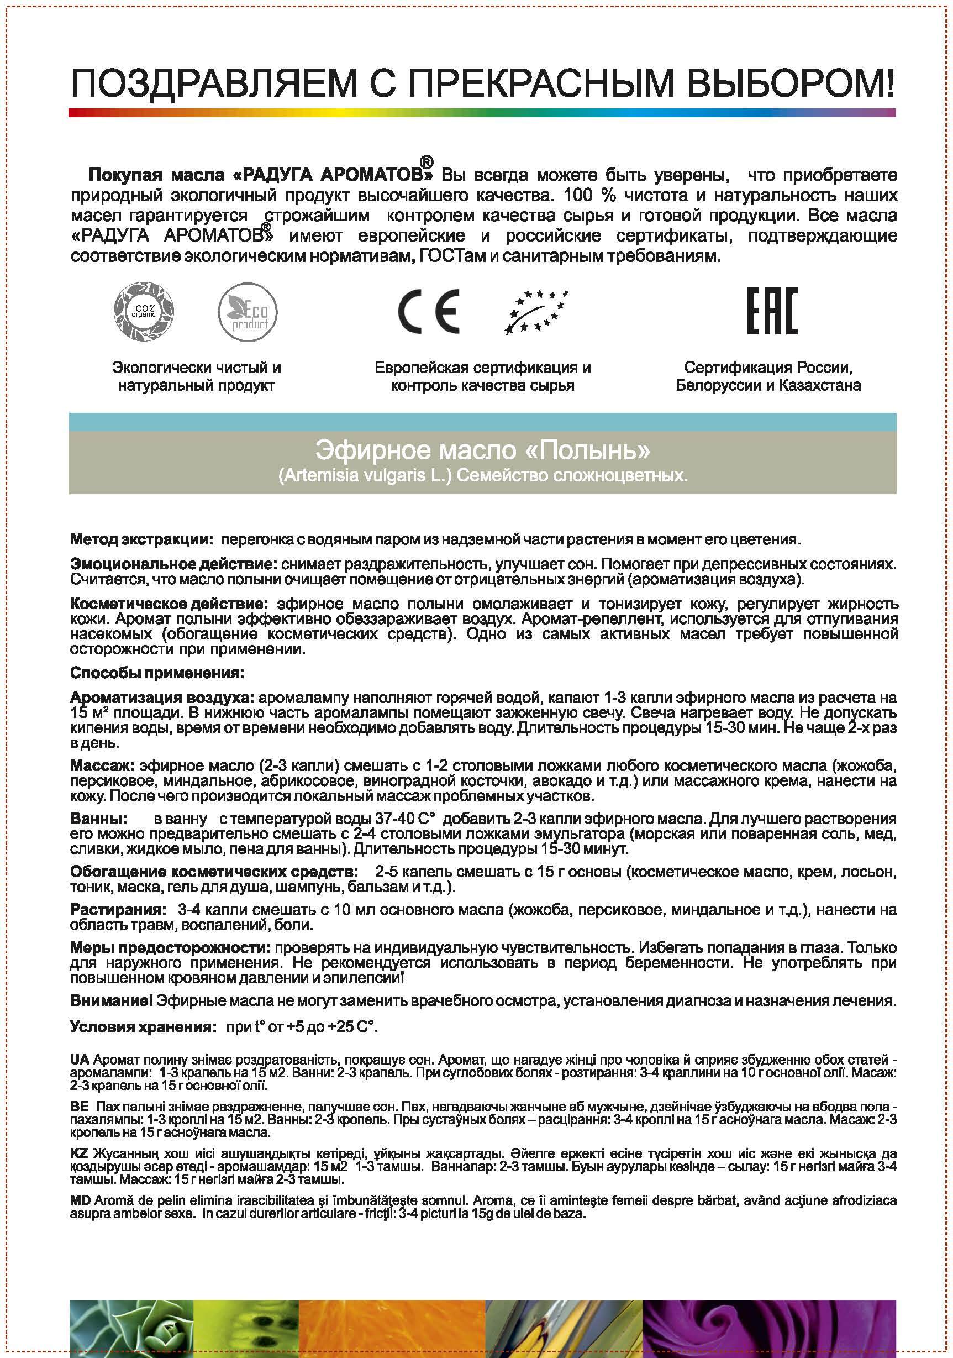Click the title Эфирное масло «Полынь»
pos(482,450)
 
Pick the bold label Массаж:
pos(103,766)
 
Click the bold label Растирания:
pos(117,909)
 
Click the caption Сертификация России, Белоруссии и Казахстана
pos(768,376)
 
